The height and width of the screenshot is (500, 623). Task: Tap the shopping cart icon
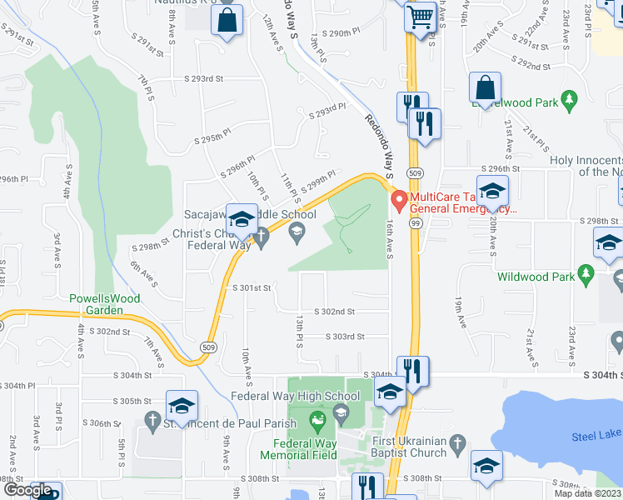421,16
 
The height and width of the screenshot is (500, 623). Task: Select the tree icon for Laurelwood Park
570,101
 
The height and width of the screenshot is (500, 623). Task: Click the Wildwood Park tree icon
586,273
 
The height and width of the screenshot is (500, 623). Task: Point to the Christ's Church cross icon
261,239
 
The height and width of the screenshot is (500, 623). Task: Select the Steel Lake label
596,436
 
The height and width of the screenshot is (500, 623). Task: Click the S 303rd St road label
344,337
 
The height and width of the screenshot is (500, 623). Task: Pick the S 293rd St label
204,79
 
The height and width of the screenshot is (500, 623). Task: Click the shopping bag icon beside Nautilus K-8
227,20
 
